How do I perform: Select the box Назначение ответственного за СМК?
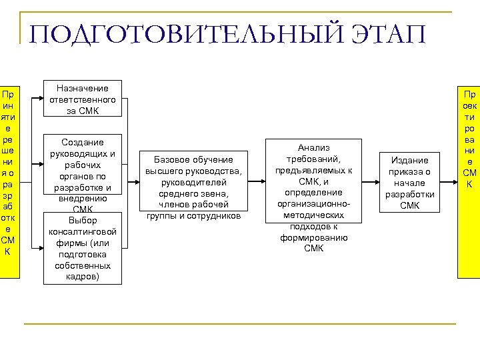83,99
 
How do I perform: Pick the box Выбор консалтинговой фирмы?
83,248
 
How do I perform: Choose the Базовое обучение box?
193,187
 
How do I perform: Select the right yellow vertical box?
469,181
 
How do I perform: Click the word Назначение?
83,88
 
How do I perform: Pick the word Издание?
409,160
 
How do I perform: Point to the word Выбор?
83,220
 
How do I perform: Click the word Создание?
83,143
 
